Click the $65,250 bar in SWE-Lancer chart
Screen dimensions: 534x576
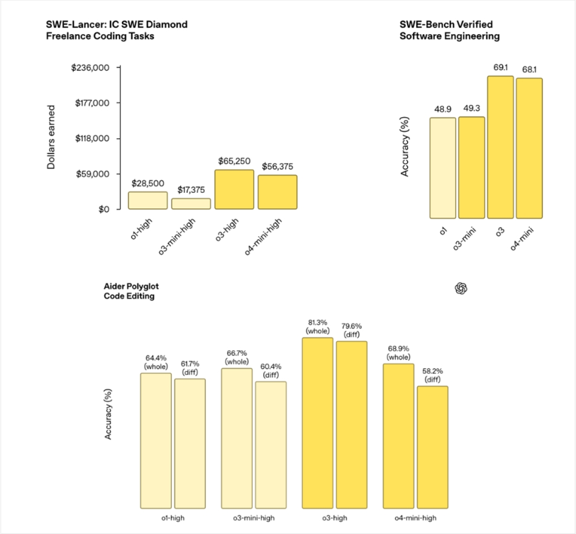[x=234, y=189]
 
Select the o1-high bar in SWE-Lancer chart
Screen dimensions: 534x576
[x=148, y=201]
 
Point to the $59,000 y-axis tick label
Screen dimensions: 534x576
[x=92, y=174]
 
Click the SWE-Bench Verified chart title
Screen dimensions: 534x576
[x=449, y=30]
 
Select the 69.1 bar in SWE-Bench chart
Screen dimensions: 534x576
[x=500, y=147]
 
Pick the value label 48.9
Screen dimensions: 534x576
[x=443, y=109]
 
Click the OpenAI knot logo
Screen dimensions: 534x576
[x=462, y=288]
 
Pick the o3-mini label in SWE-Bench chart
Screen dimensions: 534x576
[x=468, y=236]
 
